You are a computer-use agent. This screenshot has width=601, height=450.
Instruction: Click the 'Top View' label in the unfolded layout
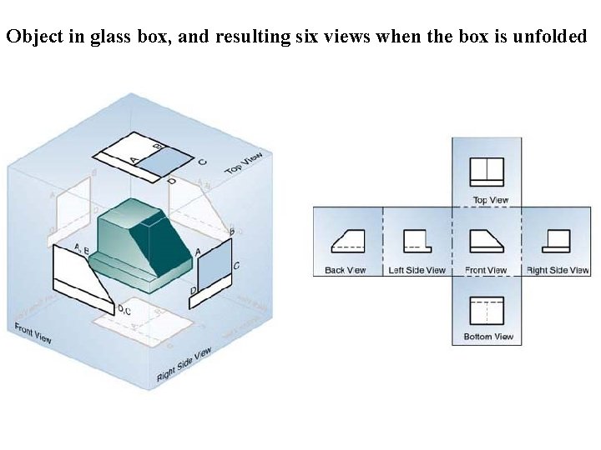tap(490, 200)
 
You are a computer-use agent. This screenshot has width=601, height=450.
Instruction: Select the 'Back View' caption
tap(346, 270)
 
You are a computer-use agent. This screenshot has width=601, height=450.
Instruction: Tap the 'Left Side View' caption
tap(417, 270)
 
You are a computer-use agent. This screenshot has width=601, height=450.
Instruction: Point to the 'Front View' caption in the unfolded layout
tap(486, 270)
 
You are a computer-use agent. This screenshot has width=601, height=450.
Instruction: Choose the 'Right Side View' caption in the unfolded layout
tap(558, 270)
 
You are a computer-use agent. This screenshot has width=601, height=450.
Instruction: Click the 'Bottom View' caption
tap(488, 337)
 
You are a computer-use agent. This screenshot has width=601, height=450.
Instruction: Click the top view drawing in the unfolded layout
tap(487, 172)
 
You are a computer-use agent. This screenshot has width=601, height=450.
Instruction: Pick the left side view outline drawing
tap(417, 240)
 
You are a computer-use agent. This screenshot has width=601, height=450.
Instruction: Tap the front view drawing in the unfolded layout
tap(487, 240)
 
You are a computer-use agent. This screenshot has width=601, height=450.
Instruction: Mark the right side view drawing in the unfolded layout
tap(557, 240)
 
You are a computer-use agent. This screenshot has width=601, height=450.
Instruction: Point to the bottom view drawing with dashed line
tap(487, 310)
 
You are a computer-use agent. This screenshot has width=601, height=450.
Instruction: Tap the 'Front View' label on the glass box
tap(33, 333)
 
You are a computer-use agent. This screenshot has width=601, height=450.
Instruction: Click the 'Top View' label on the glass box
tap(244, 163)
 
